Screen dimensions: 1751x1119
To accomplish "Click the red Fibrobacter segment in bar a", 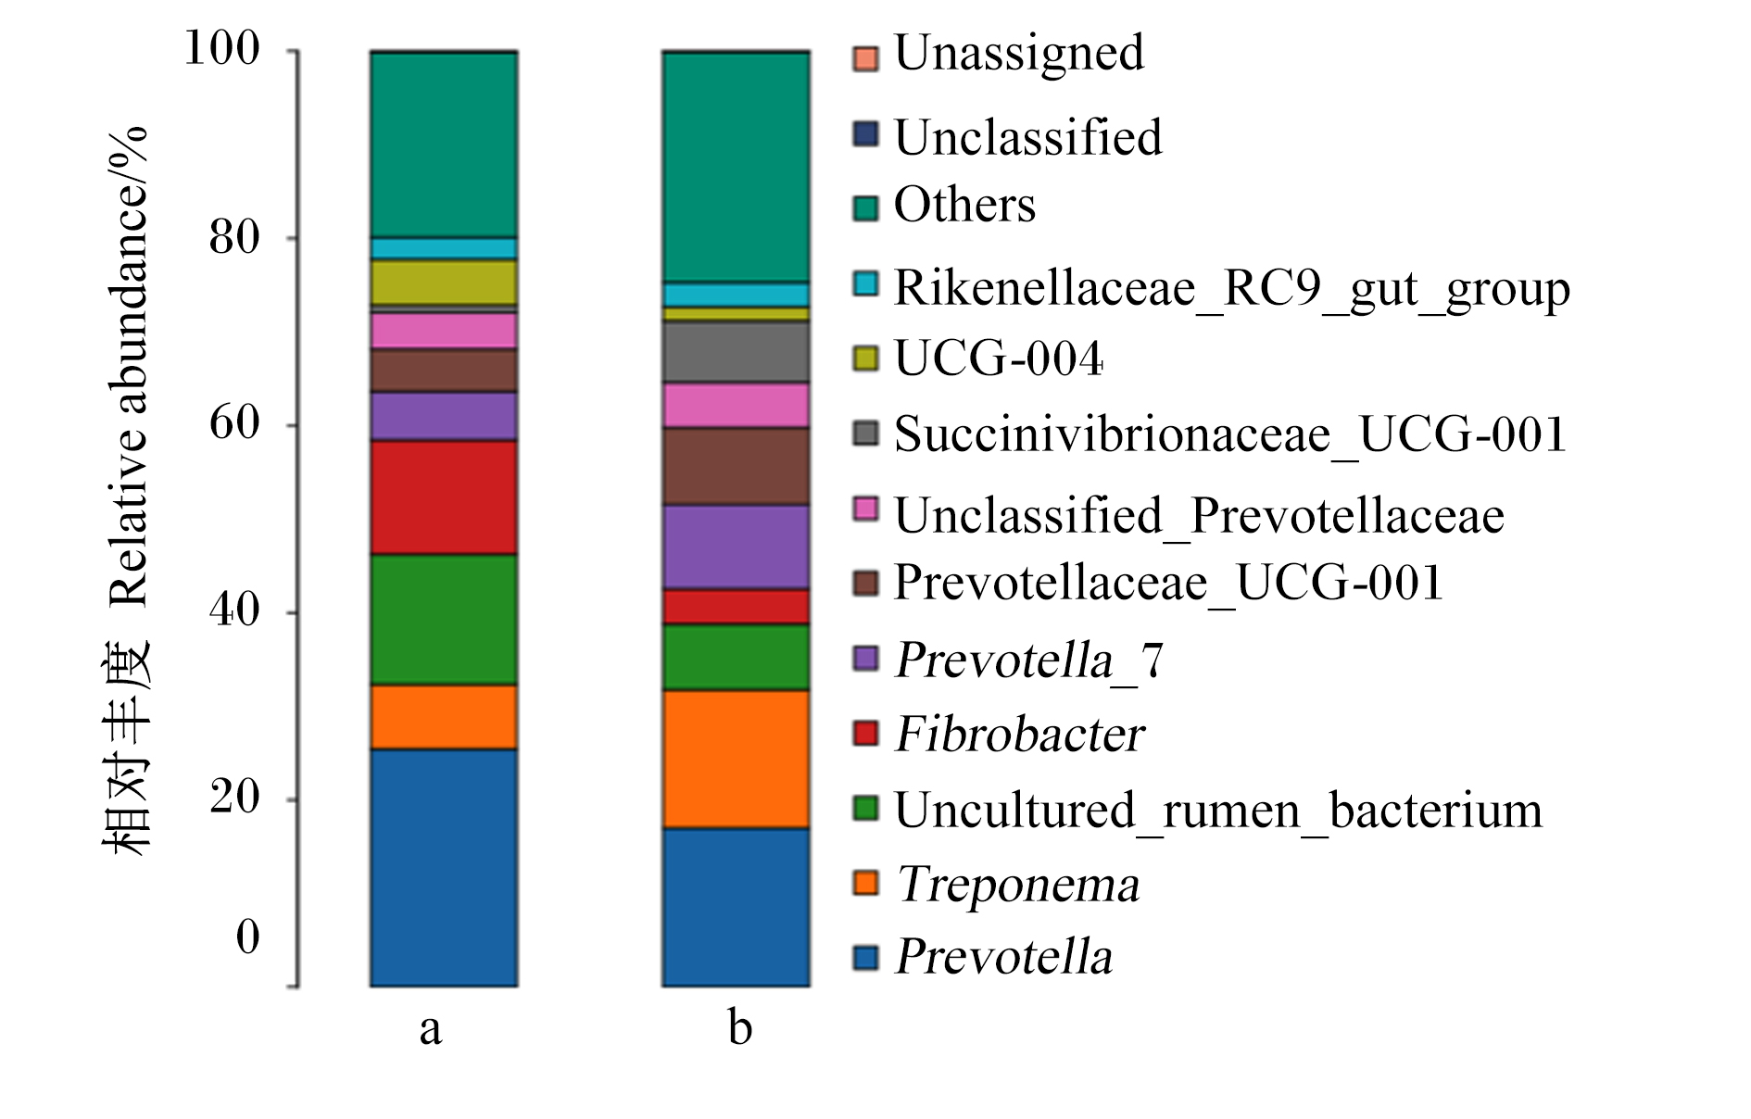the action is pyautogui.click(x=444, y=497).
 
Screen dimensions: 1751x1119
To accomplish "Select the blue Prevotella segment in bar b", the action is pyautogui.click(x=736, y=907).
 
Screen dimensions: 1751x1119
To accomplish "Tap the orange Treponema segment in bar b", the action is pyautogui.click(x=736, y=760).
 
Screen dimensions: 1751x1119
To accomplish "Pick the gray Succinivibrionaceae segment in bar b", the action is pyautogui.click(x=736, y=352).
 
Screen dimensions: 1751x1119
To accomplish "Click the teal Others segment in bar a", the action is pyautogui.click(x=444, y=145).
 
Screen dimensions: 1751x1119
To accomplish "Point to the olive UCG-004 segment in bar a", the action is pyautogui.click(x=444, y=282).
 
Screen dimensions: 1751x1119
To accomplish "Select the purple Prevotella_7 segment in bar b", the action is pyautogui.click(x=736, y=547).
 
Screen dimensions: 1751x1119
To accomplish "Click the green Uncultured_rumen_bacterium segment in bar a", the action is pyautogui.click(x=444, y=620).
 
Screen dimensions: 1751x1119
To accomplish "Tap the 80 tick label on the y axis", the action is pyautogui.click(x=234, y=237).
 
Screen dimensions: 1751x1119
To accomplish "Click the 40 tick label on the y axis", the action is pyautogui.click(x=234, y=610).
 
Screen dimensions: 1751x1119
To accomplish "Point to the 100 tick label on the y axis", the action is pyautogui.click(x=222, y=48).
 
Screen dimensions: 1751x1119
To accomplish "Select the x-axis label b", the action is pyautogui.click(x=739, y=1026).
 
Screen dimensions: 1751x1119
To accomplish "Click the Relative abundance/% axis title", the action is pyautogui.click(x=129, y=366).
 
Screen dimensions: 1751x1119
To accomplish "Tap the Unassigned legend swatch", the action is pyautogui.click(x=865, y=58).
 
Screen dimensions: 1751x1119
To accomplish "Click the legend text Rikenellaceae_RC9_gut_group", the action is pyautogui.click(x=1232, y=289).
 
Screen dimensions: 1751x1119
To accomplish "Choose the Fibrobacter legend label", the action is pyautogui.click(x=1020, y=735).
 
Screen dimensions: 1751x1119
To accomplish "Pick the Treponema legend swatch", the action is pyautogui.click(x=865, y=883).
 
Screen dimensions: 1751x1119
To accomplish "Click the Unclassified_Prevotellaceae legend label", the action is pyautogui.click(x=1199, y=515).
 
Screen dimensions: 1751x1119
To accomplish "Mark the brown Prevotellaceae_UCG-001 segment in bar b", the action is pyautogui.click(x=736, y=466).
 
